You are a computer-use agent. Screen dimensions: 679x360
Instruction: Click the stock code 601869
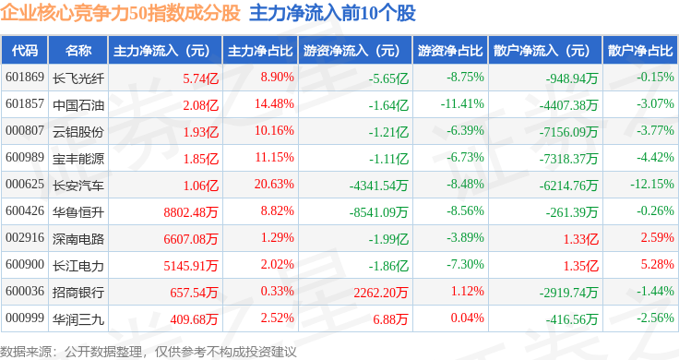pos(25,78)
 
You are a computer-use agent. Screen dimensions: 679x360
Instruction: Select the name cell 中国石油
pos(78,105)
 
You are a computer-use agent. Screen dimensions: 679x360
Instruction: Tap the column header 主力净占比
pos(260,51)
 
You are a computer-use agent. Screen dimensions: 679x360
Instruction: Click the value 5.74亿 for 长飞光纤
pos(200,78)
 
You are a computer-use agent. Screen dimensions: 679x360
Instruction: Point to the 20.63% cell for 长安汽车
pos(274,184)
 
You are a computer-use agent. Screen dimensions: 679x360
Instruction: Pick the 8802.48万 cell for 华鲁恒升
pos(191,212)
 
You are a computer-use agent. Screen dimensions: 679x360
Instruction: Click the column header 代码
pos(25,51)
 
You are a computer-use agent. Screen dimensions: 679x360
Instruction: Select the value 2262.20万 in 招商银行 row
pos(381,293)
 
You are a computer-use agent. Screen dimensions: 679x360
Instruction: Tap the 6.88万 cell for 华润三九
pos(390,319)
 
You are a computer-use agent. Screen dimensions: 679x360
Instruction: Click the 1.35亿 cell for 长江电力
pos(580,266)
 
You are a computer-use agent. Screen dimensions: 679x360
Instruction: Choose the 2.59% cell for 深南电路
pos(658,238)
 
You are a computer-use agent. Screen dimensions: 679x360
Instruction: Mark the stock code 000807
pos(25,130)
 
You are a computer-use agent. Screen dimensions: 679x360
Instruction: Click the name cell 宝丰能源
pos(78,159)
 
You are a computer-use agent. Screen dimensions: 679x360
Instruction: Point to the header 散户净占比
pos(640,51)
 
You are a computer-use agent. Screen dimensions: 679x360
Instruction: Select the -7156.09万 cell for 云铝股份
pos(568,132)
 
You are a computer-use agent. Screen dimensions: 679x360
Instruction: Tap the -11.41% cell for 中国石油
pos(462,104)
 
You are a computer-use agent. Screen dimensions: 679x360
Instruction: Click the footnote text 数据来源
pos(26,352)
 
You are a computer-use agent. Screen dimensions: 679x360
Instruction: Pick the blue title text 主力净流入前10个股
pos(332,13)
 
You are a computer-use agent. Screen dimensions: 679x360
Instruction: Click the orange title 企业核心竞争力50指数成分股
pos(120,13)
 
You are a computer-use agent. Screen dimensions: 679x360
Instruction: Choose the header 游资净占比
pos(450,51)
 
